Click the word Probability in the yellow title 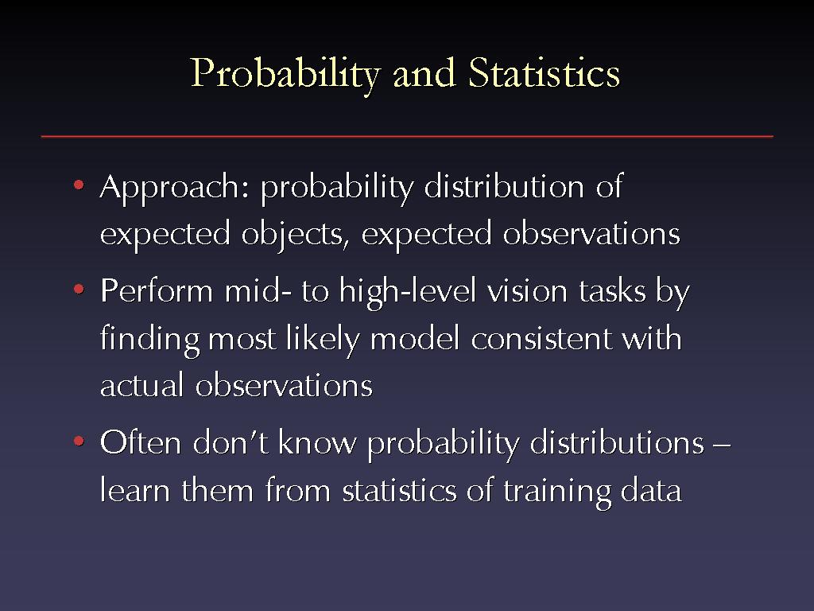(286, 74)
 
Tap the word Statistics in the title (544, 72)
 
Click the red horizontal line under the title (407, 136)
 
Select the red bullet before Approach (79, 185)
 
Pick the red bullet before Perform (79, 289)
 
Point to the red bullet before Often (79, 442)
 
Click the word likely (323, 341)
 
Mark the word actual (141, 385)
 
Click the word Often (141, 442)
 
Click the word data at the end (651, 490)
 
